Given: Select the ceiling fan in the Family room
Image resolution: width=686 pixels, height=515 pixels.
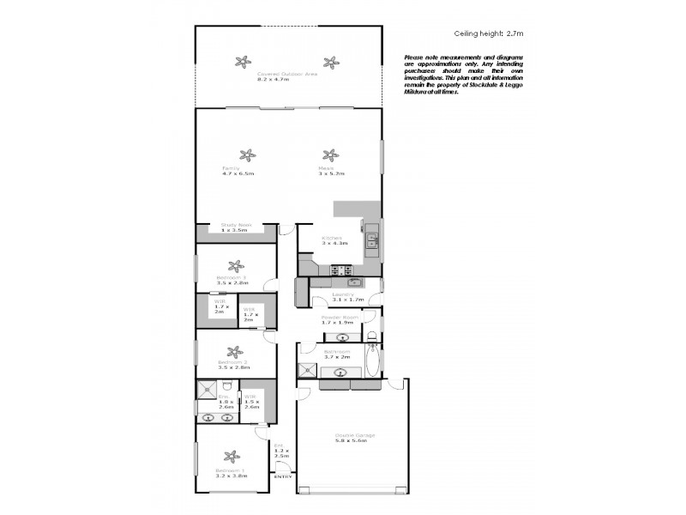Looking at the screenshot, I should [247, 155].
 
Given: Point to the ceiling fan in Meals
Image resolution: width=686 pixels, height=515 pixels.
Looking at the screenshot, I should [328, 155].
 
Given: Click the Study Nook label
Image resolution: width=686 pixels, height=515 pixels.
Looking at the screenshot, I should [235, 227].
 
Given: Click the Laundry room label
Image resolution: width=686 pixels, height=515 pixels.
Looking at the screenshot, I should [348, 297].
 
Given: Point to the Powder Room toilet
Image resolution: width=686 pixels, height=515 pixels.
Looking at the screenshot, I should [370, 335].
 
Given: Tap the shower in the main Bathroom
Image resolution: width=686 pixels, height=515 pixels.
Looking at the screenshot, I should [307, 370].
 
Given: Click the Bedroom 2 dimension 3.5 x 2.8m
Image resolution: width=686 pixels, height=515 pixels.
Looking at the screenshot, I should [232, 367].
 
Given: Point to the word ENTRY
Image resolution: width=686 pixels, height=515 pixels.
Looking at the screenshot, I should [282, 476].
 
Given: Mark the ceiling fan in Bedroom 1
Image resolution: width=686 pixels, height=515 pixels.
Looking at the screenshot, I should [231, 457].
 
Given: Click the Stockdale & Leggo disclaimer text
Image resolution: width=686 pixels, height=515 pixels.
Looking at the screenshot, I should [463, 74].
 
